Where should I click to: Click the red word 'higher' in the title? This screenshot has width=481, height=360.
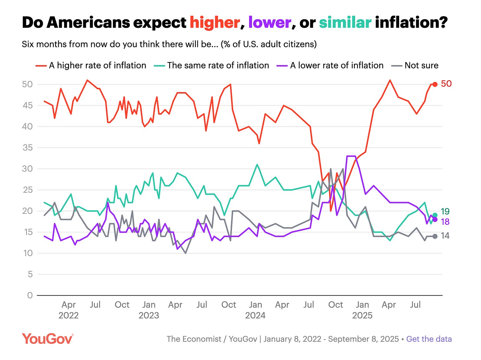(x=215, y=23)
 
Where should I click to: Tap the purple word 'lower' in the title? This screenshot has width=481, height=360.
(x=270, y=23)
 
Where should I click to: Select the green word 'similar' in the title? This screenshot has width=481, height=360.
(x=345, y=23)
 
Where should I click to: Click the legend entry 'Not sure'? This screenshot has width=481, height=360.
(x=421, y=65)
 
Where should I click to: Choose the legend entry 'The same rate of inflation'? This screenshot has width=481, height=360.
(x=218, y=65)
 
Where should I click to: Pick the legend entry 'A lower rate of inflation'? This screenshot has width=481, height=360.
(x=337, y=65)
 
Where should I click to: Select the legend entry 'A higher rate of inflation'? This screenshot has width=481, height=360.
(x=97, y=65)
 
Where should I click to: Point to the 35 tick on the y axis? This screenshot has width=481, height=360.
(x=27, y=148)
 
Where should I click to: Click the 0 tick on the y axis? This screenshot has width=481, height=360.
(x=30, y=295)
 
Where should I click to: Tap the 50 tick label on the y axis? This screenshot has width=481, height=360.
(x=27, y=84)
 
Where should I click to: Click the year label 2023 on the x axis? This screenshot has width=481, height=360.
(x=149, y=315)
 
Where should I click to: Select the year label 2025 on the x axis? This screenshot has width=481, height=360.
(x=362, y=315)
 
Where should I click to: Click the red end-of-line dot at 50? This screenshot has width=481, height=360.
(x=435, y=84)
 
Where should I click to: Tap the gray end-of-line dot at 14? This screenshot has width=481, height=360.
(x=435, y=236)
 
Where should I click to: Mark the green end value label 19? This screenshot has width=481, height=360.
(x=445, y=212)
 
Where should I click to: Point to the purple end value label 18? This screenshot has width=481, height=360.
(x=445, y=221)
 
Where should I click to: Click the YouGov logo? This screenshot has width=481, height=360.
(x=48, y=339)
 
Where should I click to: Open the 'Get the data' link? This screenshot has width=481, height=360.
(x=429, y=339)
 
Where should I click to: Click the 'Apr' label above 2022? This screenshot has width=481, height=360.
(x=68, y=305)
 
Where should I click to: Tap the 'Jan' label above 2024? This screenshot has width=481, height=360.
(x=255, y=305)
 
